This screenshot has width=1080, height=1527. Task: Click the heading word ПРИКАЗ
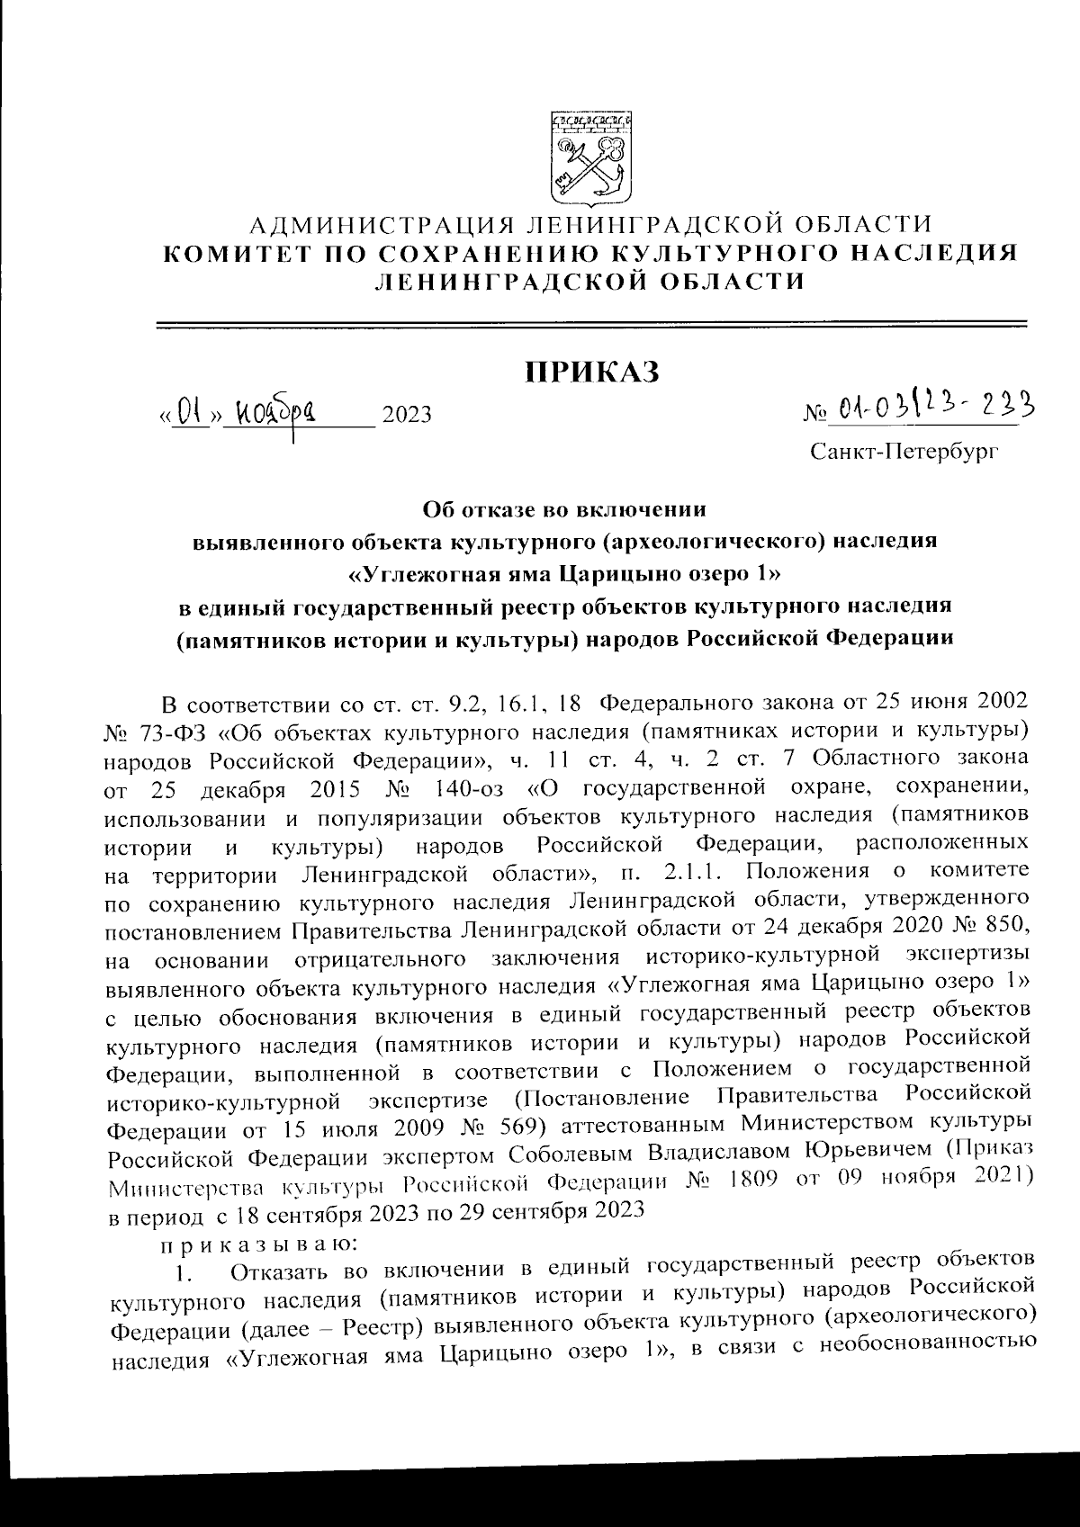coord(591,371)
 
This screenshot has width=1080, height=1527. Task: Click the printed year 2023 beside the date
coord(407,415)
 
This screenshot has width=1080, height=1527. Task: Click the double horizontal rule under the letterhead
coord(591,323)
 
